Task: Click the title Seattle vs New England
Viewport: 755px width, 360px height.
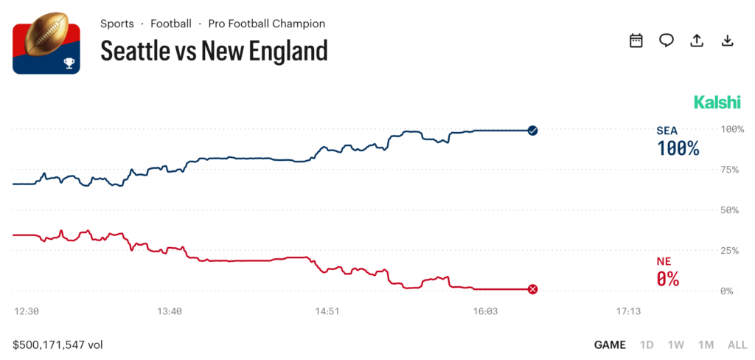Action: [214, 51]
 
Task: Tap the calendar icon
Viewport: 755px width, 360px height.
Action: [636, 41]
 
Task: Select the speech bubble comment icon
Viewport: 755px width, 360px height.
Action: [667, 41]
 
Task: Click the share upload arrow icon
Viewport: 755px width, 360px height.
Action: [697, 41]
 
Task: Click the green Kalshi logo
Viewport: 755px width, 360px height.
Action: [717, 102]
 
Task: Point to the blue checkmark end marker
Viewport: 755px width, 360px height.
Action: [533, 131]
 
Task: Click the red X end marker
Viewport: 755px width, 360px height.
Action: [533, 289]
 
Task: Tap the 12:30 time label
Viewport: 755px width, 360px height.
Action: [27, 312]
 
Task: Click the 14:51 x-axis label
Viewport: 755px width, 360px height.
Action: [327, 312]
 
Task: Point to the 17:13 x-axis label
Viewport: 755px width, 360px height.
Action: [628, 312]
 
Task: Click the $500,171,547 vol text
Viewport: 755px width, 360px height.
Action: [58, 345]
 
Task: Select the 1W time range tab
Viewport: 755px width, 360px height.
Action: [675, 345]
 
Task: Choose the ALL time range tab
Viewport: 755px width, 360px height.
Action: [737, 345]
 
